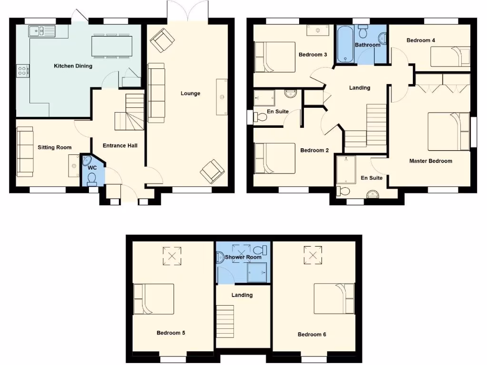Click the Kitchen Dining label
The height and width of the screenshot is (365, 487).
tap(73, 66)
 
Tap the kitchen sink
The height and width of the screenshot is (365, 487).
tap(42, 31)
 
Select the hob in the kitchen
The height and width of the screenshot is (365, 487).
tap(22, 71)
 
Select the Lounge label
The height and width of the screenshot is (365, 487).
tap(190, 94)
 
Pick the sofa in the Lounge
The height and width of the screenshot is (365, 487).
tap(156, 93)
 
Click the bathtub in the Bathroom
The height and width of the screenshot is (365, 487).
tap(345, 45)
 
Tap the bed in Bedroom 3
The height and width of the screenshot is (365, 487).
tap(274, 57)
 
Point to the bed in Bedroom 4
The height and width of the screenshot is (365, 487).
tap(450, 57)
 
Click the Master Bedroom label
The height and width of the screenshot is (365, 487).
tap(430, 161)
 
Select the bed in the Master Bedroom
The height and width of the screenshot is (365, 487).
tap(448, 131)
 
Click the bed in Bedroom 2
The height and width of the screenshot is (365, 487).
tap(274, 158)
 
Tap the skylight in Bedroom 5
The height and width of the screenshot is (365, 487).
tap(172, 257)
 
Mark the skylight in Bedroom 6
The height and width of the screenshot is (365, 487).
tap(313, 255)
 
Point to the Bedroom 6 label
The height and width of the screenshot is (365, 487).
tap(312, 335)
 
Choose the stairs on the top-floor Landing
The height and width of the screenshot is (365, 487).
tap(226, 321)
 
